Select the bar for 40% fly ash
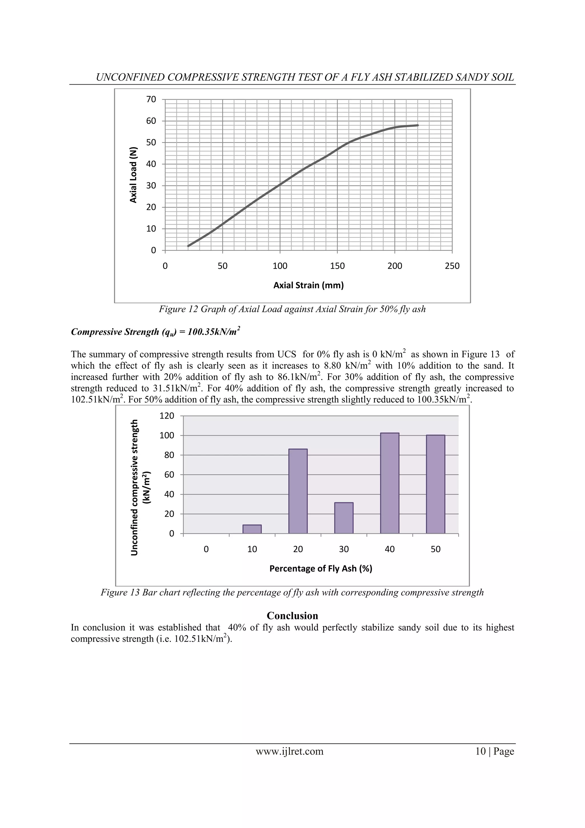pyautogui.click(x=389, y=483)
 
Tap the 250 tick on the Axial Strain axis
pyautogui.click(x=452, y=266)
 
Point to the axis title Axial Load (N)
pyautogui.click(x=134, y=175)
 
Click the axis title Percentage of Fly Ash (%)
pyautogui.click(x=320, y=568)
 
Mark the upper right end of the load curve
pyautogui.click(x=418, y=125)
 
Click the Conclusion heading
pyautogui.click(x=292, y=615)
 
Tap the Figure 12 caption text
pyautogui.click(x=292, y=309)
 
